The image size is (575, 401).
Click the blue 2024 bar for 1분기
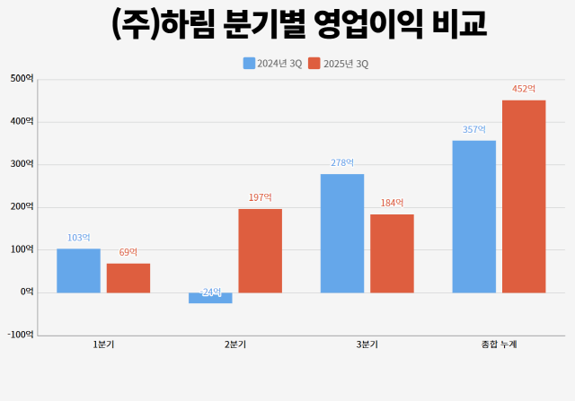(78, 270)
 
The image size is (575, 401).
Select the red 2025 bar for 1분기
(128, 277)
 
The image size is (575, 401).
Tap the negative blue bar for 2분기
(210, 298)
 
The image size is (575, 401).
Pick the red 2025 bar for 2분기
(261, 250)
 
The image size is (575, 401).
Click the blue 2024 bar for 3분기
(342, 233)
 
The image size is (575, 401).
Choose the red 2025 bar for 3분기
(392, 253)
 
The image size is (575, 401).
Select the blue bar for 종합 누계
(473, 216)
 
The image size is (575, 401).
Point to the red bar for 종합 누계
(524, 196)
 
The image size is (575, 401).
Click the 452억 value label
(524, 89)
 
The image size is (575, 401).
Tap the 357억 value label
(473, 129)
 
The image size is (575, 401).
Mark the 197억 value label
(261, 197)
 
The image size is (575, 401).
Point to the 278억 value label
(342, 163)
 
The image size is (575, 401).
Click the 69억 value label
(128, 252)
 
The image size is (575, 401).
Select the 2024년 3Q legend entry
(272, 64)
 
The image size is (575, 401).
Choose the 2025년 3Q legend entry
(338, 64)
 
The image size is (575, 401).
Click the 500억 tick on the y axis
(22, 79)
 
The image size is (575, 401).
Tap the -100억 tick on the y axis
(20, 335)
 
